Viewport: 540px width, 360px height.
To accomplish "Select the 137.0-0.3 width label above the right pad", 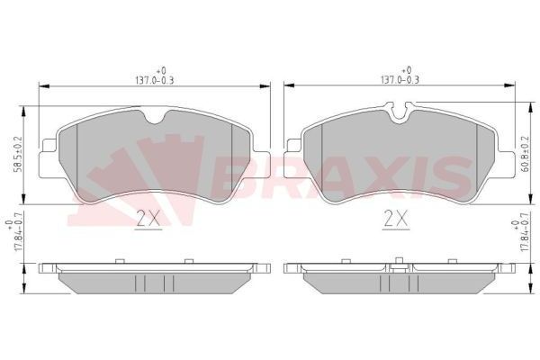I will click(x=398, y=77).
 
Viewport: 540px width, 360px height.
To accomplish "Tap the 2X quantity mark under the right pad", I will click(x=395, y=217).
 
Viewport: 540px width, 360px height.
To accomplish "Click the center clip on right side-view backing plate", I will click(x=398, y=264).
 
